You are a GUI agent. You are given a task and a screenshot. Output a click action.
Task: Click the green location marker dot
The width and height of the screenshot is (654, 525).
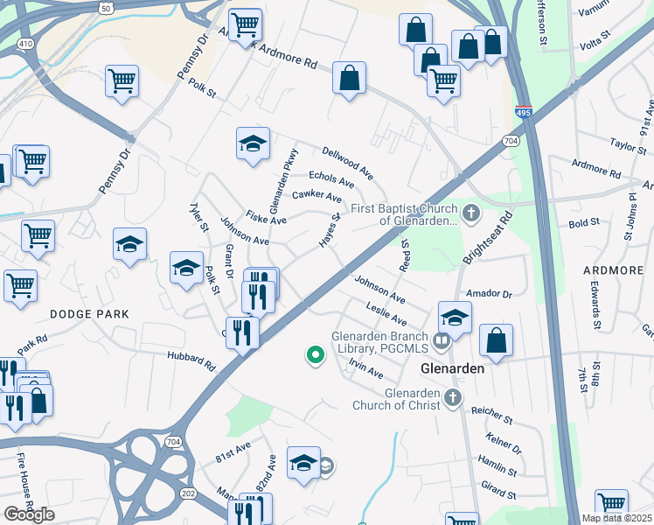tap(314, 354)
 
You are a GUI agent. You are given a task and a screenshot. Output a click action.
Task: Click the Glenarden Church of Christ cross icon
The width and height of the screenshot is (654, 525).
tap(451, 398)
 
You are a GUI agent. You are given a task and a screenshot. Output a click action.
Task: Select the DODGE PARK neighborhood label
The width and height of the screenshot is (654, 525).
tap(89, 313)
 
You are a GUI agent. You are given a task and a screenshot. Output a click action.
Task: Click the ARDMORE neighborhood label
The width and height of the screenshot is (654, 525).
tap(612, 270)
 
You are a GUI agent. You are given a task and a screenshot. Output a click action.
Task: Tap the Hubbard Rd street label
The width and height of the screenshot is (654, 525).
tap(191, 358)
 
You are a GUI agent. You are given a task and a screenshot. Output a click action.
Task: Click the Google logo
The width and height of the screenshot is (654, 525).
tap(30, 514)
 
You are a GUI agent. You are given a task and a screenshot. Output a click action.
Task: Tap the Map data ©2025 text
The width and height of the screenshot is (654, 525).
tap(616, 518)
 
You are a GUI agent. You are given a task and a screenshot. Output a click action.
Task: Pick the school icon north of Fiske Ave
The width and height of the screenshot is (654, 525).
tap(253, 143)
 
